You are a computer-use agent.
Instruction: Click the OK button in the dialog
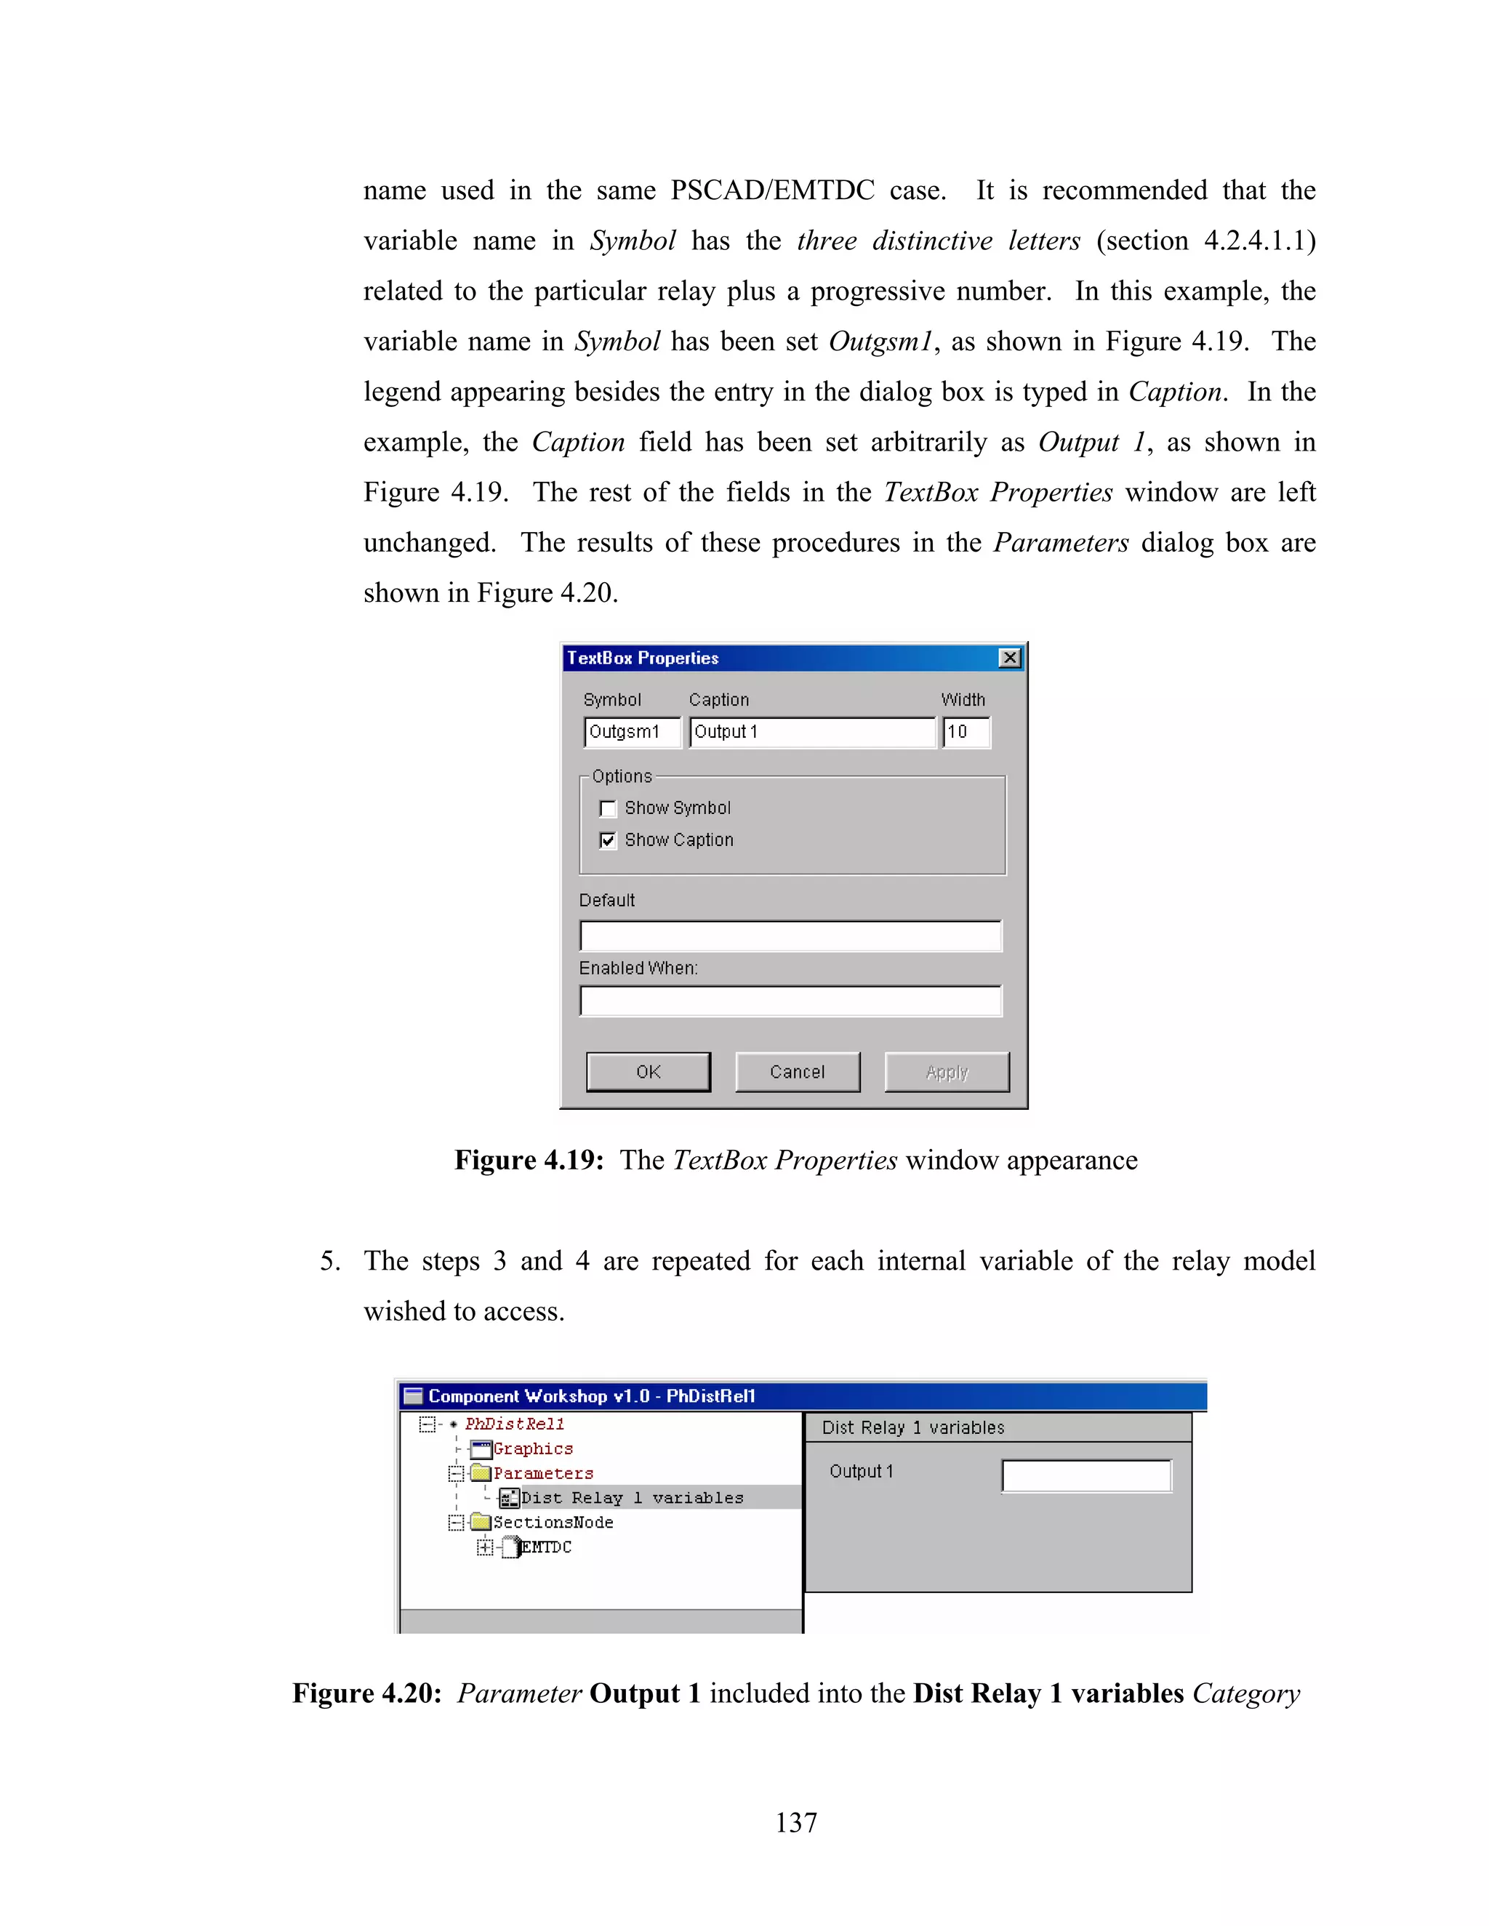click(649, 1071)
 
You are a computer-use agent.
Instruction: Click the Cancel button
click(798, 1071)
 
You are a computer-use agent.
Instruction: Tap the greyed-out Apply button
click(947, 1071)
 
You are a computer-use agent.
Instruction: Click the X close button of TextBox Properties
click(1009, 658)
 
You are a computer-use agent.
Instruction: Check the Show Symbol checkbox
click(608, 809)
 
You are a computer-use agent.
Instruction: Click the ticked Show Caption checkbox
click(608, 840)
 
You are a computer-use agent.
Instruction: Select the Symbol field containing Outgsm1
click(632, 732)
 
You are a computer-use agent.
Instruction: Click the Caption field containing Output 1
click(811, 732)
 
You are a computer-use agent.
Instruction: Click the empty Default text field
click(790, 935)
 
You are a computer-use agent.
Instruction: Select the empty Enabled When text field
click(790, 1001)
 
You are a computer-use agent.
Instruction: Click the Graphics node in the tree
click(533, 1449)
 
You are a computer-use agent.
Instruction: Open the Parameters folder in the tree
click(542, 1474)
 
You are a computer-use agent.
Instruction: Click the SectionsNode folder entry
click(553, 1522)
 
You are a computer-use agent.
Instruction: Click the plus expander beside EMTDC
click(484, 1547)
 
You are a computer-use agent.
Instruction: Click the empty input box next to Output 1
click(1086, 1475)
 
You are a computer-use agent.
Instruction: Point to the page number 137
click(795, 1822)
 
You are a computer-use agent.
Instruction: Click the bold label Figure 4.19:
click(529, 1160)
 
